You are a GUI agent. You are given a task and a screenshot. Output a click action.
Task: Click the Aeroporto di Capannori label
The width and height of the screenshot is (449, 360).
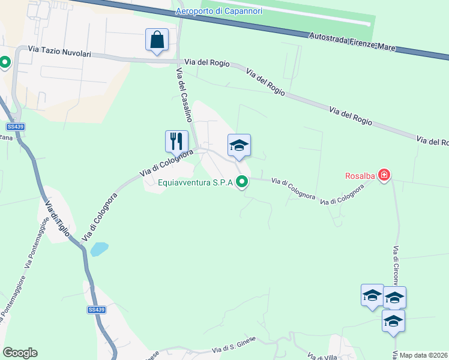point(217,11)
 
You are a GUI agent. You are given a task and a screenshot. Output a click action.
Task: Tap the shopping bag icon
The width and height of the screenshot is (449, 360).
point(157,40)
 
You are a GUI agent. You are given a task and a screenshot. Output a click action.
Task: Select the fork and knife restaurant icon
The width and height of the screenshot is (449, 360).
point(176,142)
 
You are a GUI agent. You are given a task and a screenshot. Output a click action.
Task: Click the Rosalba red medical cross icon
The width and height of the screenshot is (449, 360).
point(384,176)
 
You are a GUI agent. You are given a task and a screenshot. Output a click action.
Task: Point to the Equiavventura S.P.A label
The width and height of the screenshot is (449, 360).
point(194,183)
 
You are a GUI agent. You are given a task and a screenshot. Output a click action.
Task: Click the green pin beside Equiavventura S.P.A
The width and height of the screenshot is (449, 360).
point(243,181)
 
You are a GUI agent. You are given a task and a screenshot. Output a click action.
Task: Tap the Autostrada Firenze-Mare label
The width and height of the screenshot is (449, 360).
point(352,42)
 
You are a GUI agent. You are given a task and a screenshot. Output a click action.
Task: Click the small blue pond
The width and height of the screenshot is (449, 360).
point(100,248)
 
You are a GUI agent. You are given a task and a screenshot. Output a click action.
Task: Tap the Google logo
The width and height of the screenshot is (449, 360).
point(20,352)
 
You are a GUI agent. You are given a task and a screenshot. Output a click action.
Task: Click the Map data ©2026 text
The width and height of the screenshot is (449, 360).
point(423,355)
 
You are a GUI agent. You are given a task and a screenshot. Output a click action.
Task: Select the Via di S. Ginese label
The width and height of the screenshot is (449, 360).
point(234,344)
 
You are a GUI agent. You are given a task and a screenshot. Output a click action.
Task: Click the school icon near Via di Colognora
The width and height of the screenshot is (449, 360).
point(239,145)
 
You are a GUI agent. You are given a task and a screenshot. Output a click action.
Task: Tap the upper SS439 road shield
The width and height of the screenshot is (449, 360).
point(14,127)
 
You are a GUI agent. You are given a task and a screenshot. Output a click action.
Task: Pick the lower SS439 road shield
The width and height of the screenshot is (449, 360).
point(96,310)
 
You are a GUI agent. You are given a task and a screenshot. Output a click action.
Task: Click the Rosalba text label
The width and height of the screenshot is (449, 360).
point(360,176)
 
